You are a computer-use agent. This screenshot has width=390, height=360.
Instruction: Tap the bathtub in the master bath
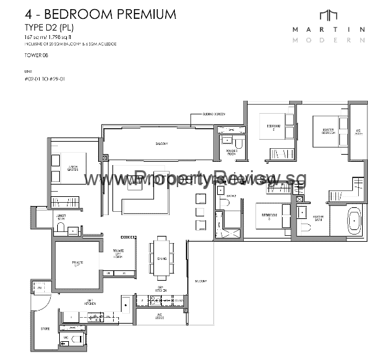tap(354, 220)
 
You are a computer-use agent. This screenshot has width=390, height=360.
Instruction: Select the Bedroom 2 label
tap(271, 127)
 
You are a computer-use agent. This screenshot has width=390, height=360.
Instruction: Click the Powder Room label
tap(232, 152)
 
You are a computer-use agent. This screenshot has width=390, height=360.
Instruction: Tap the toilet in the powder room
tap(239, 143)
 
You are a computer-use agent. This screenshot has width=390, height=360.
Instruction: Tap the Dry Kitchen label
tap(162, 290)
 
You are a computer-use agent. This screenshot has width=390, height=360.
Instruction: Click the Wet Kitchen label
tap(90, 302)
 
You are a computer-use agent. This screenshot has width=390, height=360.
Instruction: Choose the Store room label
tap(45, 329)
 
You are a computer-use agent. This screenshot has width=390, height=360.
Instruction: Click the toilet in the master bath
tap(305, 228)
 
